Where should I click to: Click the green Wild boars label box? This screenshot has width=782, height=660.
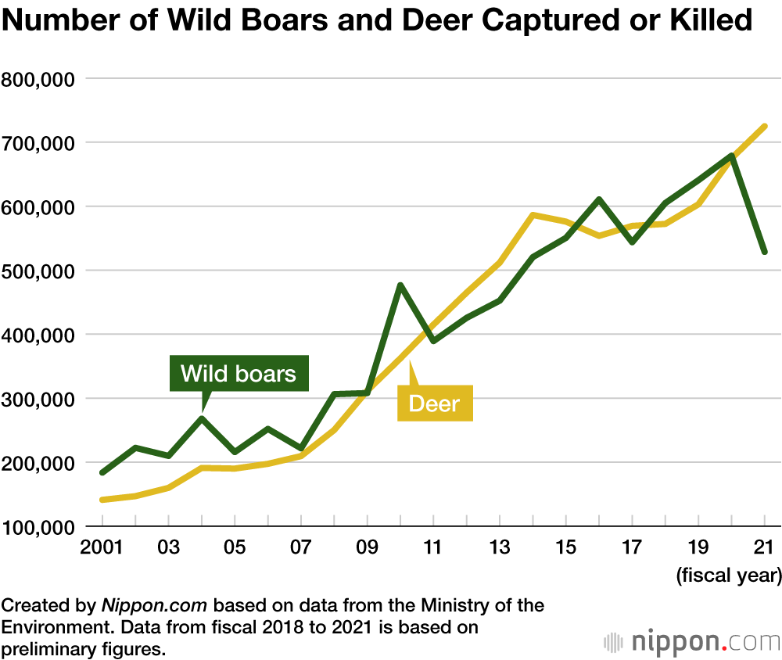(x=239, y=373)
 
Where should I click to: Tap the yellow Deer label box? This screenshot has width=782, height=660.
(x=435, y=404)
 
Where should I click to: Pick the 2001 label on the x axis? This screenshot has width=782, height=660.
(x=102, y=547)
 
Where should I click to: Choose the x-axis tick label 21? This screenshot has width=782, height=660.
(x=764, y=547)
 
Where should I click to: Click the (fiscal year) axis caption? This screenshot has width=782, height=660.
(x=728, y=577)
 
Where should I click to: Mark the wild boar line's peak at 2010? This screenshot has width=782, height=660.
(x=400, y=285)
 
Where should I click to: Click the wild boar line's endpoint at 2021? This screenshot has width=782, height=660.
(x=765, y=252)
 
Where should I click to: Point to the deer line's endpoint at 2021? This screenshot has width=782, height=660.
(x=765, y=126)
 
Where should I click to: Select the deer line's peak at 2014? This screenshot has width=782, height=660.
(x=532, y=214)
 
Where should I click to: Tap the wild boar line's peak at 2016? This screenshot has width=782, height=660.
(x=598, y=199)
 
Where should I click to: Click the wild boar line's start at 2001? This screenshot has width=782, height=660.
(x=102, y=472)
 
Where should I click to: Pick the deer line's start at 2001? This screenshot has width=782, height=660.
(x=102, y=500)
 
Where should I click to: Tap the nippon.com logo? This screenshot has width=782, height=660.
(x=691, y=642)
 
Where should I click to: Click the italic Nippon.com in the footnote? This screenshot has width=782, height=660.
(x=153, y=605)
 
